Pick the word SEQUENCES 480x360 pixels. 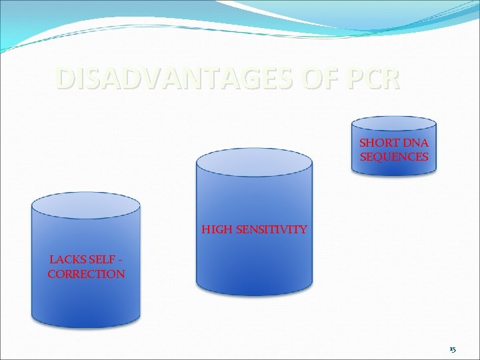[x=394, y=157]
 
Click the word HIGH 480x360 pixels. [x=216, y=230]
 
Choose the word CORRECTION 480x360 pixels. [x=86, y=274]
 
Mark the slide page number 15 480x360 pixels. [x=452, y=349]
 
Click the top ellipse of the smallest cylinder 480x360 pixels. [x=394, y=123]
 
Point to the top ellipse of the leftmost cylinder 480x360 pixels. [x=86, y=206]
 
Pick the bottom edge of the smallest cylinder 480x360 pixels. [x=394, y=173]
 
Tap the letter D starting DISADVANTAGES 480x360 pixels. [x=64, y=79]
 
